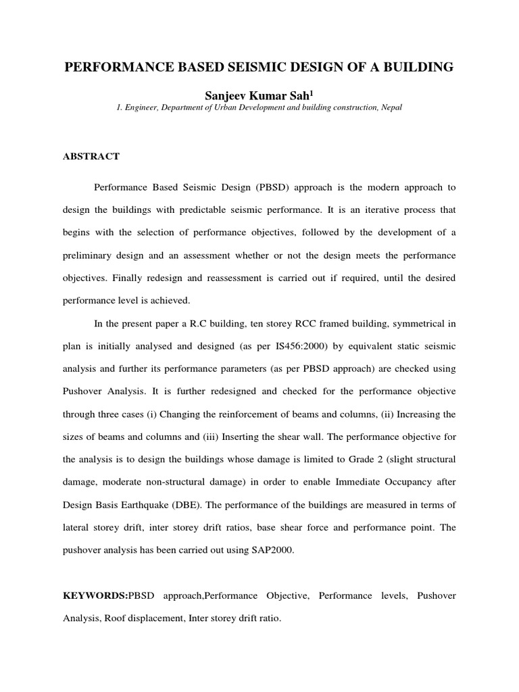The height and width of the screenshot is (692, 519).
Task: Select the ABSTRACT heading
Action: [91, 157]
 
